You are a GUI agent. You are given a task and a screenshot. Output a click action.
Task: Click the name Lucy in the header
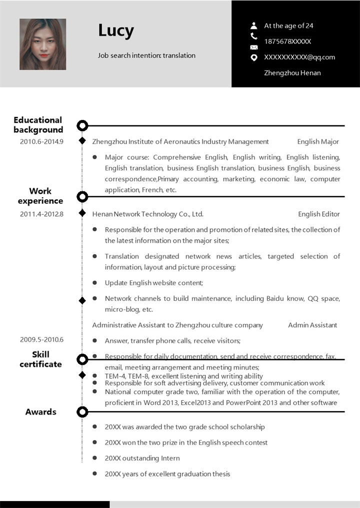[x=116, y=31]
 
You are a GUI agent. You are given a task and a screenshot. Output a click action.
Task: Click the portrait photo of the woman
[x=42, y=44]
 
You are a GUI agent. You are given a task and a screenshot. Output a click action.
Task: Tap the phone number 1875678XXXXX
[x=287, y=41]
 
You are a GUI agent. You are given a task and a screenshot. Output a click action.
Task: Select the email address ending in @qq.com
[x=299, y=57]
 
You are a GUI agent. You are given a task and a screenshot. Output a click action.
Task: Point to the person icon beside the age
[x=254, y=25]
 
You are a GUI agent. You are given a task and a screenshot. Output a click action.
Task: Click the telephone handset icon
[x=254, y=36]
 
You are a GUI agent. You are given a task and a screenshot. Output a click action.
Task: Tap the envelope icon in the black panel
[x=254, y=47]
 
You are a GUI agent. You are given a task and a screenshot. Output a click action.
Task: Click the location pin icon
[x=254, y=57]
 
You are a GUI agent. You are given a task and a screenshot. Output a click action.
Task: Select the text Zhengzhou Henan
[x=292, y=73]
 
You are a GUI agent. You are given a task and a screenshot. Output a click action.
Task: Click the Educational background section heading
[x=38, y=125]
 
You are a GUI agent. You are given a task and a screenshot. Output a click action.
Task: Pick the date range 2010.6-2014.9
[x=41, y=141]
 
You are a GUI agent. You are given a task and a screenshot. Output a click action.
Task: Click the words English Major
[x=318, y=141]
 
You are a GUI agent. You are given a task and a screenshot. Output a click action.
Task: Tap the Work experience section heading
[x=40, y=196]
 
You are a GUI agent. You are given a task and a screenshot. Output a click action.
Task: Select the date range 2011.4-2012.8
[x=41, y=214]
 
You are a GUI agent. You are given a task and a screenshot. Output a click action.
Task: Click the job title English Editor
[x=319, y=214]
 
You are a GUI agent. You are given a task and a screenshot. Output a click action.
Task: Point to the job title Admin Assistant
[x=312, y=325]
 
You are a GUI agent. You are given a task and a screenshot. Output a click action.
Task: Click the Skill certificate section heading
[x=40, y=359]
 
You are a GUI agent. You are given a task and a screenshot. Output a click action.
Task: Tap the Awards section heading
[x=41, y=412]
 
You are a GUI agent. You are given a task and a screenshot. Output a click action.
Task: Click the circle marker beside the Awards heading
[x=82, y=412]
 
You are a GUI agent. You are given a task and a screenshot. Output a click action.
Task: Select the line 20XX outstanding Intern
[x=142, y=458]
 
